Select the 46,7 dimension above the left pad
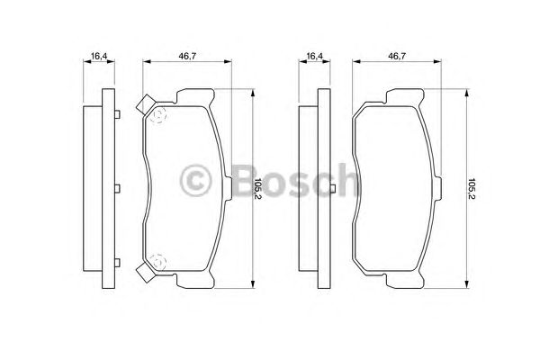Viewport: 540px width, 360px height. (187, 57)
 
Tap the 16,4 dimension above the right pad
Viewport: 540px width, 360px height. (314, 57)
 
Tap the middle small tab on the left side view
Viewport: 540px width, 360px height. (117, 188)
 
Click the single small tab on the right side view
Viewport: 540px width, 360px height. (329, 188)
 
